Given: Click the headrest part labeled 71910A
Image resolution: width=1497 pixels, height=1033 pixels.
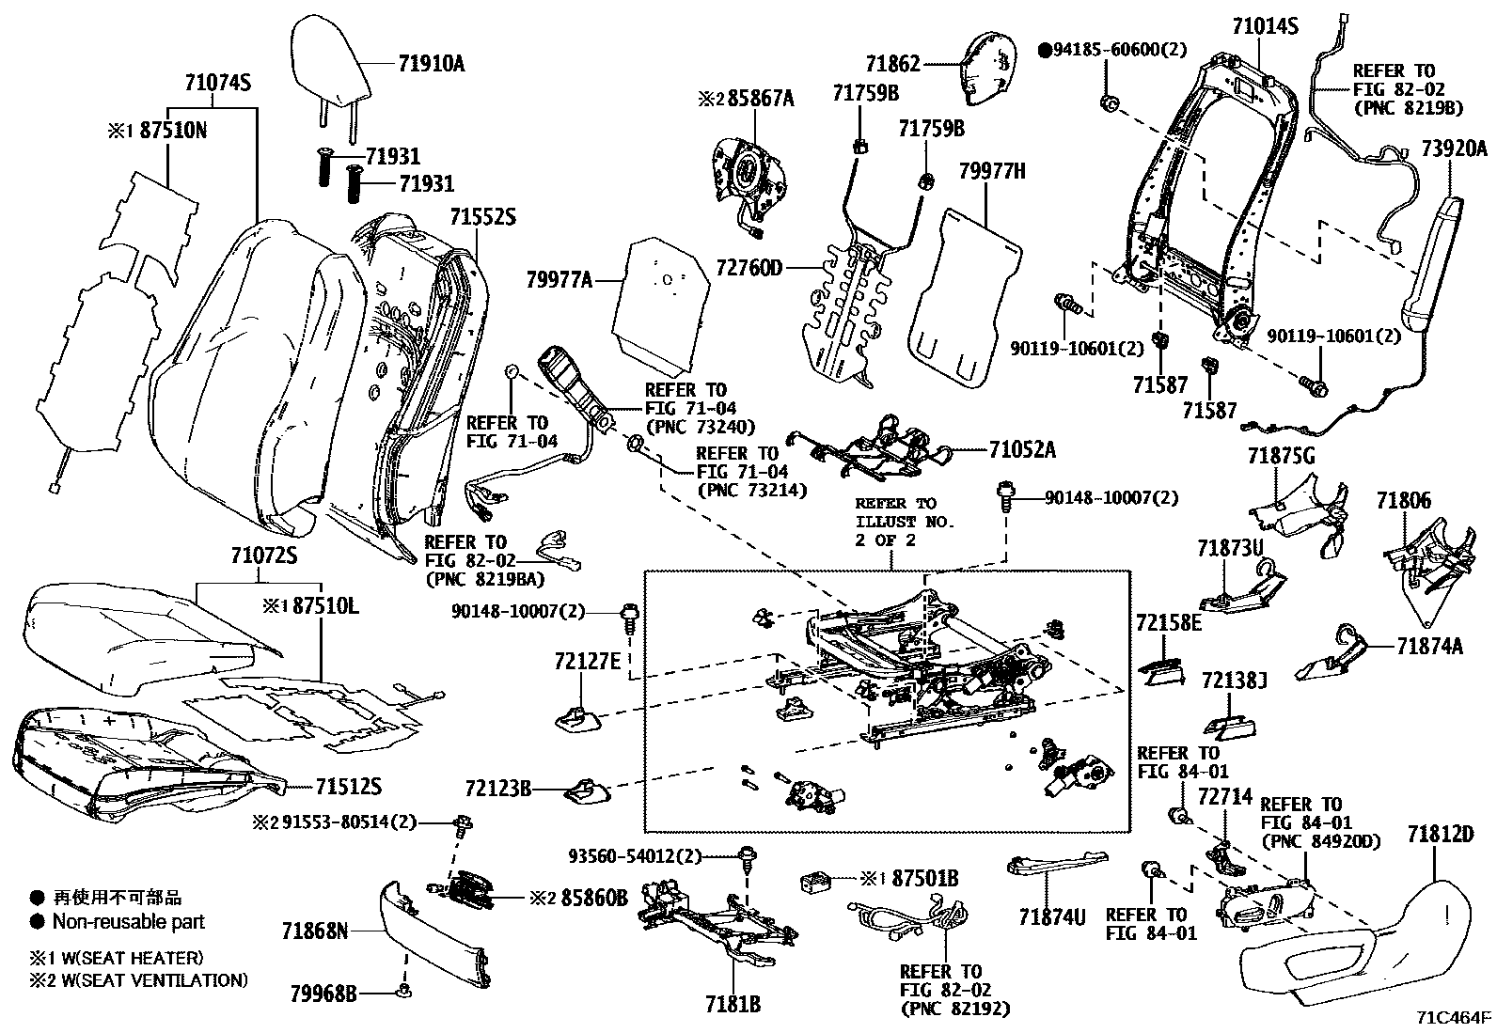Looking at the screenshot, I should (x=331, y=58).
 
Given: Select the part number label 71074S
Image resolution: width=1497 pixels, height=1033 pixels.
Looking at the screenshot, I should (x=217, y=83).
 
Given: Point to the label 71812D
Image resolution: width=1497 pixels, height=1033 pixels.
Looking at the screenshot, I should (x=1441, y=834).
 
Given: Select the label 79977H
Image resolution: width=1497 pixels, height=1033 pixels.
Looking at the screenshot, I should (x=992, y=171).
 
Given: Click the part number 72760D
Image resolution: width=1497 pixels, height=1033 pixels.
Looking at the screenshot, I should (x=748, y=269).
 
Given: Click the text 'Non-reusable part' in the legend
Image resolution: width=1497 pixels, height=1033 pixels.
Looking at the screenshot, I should (x=128, y=922).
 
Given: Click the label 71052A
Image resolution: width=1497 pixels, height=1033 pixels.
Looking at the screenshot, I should (x=1021, y=450).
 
